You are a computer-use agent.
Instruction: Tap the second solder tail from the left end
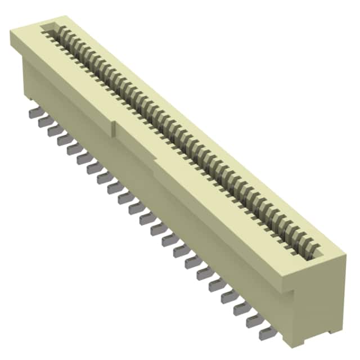pos(42,121)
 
